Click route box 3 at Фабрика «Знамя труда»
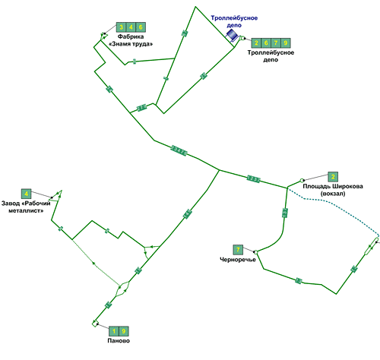121,27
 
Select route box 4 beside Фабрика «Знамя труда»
131,27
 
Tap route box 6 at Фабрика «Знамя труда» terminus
141,27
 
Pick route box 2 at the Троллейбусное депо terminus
256,43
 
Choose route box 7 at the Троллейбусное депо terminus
276,43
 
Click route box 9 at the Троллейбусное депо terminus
286,43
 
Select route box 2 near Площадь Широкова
333,177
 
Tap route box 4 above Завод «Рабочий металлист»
27,194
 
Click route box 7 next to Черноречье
238,250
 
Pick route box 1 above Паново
114,331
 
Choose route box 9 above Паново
124,331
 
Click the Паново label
119,341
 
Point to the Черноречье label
238,260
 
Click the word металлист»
26,210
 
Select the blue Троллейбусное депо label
234,21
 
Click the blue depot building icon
232,35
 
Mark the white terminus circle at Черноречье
255,252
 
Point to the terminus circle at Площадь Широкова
302,181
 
